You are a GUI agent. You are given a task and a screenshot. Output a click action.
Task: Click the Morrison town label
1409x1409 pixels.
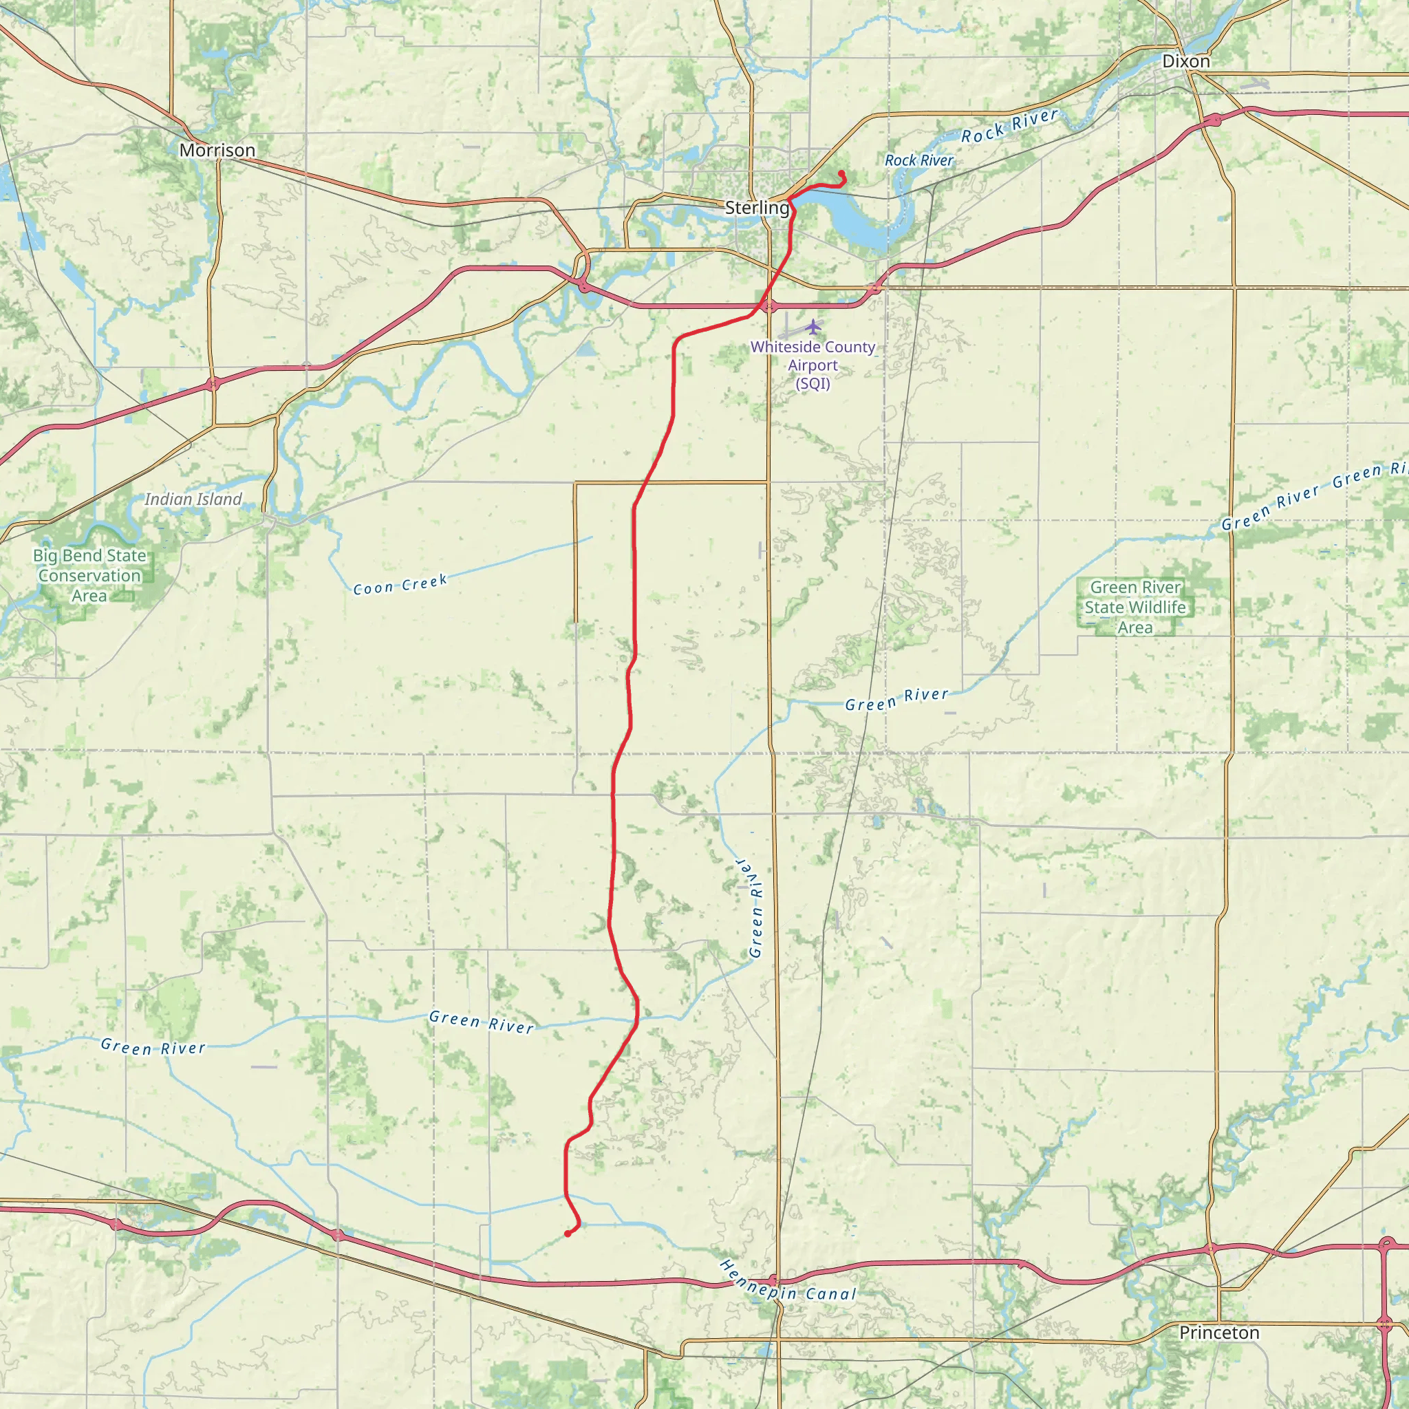pyautogui.click(x=217, y=150)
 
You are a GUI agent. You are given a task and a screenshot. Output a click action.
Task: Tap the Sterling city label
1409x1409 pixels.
pyautogui.click(x=757, y=208)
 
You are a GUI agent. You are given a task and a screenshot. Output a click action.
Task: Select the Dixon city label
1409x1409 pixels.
pyautogui.click(x=1186, y=61)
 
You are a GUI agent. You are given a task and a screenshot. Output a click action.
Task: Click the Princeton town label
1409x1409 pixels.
pyautogui.click(x=1219, y=1333)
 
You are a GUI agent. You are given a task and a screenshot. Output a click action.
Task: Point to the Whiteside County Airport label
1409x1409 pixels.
pyautogui.click(x=813, y=365)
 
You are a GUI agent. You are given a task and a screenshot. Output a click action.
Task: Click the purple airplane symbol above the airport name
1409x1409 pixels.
pyautogui.click(x=813, y=327)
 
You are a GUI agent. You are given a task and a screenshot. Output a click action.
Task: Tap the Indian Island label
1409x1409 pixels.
pyautogui.click(x=193, y=499)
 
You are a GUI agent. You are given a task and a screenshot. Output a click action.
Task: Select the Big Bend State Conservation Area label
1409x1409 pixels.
pyautogui.click(x=89, y=575)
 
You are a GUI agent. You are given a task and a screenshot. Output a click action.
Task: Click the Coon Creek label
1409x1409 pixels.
pyautogui.click(x=400, y=585)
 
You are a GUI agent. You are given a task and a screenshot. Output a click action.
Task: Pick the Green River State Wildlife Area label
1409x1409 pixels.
pyautogui.click(x=1134, y=607)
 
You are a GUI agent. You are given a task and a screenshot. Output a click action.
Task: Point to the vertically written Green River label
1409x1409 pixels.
pyautogui.click(x=754, y=908)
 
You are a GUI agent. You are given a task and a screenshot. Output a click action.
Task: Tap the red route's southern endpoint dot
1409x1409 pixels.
pyautogui.click(x=568, y=1234)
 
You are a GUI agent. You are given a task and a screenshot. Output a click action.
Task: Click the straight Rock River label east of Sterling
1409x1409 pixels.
pyautogui.click(x=919, y=160)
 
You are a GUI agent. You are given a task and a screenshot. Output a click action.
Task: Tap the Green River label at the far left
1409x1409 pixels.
pyautogui.click(x=153, y=1047)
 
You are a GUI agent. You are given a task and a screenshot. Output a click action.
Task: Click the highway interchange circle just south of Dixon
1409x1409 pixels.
pyautogui.click(x=1215, y=120)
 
